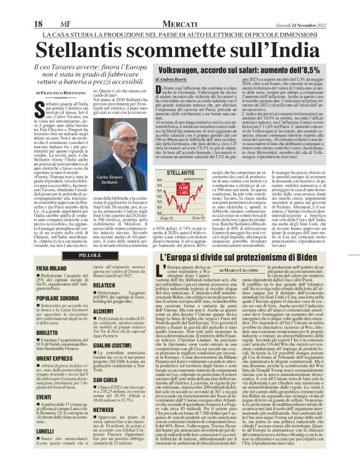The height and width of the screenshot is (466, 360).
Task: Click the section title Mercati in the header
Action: tap(176, 6)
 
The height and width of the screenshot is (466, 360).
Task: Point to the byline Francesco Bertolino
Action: tap(53, 92)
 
